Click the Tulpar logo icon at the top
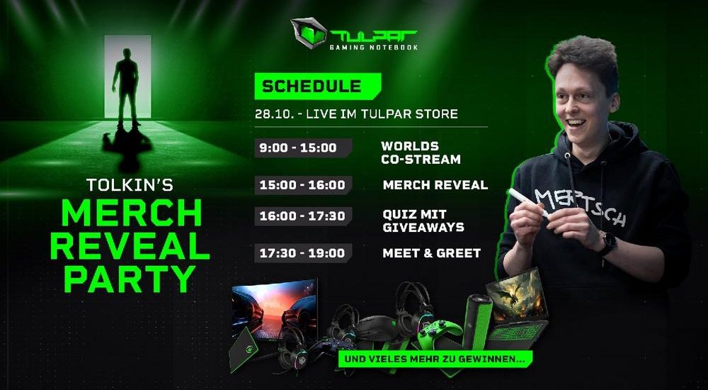[309, 33]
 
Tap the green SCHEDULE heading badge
[317, 86]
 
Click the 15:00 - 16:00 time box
[303, 185]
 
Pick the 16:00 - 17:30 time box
[303, 216]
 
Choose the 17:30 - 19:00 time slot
[303, 253]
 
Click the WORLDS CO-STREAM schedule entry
[421, 152]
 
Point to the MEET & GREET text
[432, 253]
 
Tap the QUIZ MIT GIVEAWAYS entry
[423, 221]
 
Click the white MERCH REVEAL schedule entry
[435, 184]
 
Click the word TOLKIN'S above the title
[130, 184]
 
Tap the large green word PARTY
[130, 279]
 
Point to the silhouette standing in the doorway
[126, 87]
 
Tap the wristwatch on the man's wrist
[608, 243]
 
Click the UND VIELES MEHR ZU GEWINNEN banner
[435, 360]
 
